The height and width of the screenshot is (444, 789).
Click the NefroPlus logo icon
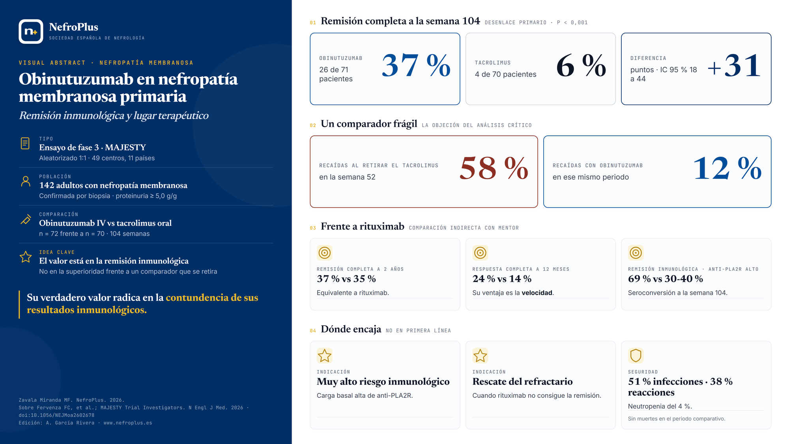click(x=31, y=31)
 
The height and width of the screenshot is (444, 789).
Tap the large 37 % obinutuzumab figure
click(x=416, y=65)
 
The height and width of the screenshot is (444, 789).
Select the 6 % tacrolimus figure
click(x=581, y=65)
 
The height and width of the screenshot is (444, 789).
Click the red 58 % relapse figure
click(x=494, y=168)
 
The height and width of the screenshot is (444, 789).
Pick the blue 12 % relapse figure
click(x=727, y=168)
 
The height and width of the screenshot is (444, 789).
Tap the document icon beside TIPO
click(x=25, y=143)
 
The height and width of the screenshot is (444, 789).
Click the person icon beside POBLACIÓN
click(x=26, y=182)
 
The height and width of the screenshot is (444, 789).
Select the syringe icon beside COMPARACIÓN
click(x=26, y=219)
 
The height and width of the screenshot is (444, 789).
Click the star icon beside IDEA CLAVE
click(x=26, y=257)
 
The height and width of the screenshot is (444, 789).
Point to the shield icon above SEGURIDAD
click(x=636, y=356)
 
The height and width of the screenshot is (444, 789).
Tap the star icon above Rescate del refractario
click(x=480, y=356)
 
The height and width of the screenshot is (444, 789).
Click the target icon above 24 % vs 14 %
click(x=480, y=253)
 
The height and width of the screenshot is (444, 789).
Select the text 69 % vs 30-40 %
click(x=666, y=279)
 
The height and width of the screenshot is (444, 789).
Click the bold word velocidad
click(x=537, y=293)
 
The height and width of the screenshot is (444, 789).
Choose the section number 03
click(x=313, y=228)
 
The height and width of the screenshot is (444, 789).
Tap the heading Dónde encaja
click(x=351, y=329)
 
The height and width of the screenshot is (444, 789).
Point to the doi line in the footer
click(x=56, y=415)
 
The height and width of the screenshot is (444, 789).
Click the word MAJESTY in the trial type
click(x=125, y=147)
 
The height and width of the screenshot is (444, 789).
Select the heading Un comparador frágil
click(x=369, y=124)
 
